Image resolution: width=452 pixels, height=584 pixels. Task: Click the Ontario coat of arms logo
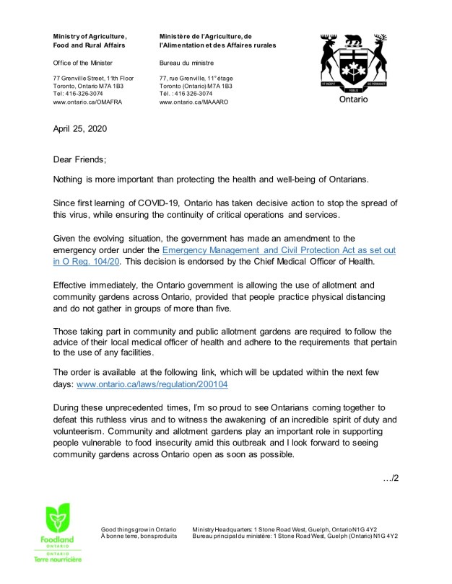pos(353,64)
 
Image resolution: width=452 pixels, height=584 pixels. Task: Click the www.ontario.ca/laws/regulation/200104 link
pos(152,385)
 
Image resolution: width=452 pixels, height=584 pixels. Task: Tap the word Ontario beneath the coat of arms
pos(353,99)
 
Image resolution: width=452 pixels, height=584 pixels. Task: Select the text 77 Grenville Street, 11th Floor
pos(94,78)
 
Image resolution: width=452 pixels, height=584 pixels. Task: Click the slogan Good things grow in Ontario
pos(138,530)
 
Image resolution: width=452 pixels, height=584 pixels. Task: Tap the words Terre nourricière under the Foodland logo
pos(58,559)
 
